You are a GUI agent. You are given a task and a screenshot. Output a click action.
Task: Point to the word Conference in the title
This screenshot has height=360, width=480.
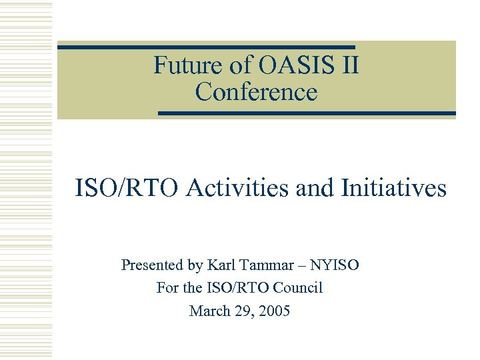pyautogui.click(x=256, y=92)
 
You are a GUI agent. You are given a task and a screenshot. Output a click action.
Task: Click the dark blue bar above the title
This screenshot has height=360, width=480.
pyautogui.click(x=206, y=47)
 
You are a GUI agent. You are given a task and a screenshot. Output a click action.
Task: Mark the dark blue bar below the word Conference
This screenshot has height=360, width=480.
pyautogui.click(x=307, y=113)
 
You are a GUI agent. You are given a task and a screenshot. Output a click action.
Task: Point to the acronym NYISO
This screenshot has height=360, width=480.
pyautogui.click(x=336, y=265)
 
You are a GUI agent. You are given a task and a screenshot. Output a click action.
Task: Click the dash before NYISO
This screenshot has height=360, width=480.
pyautogui.click(x=303, y=266)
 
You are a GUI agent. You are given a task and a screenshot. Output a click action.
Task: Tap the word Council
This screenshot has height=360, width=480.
pyautogui.click(x=297, y=288)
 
